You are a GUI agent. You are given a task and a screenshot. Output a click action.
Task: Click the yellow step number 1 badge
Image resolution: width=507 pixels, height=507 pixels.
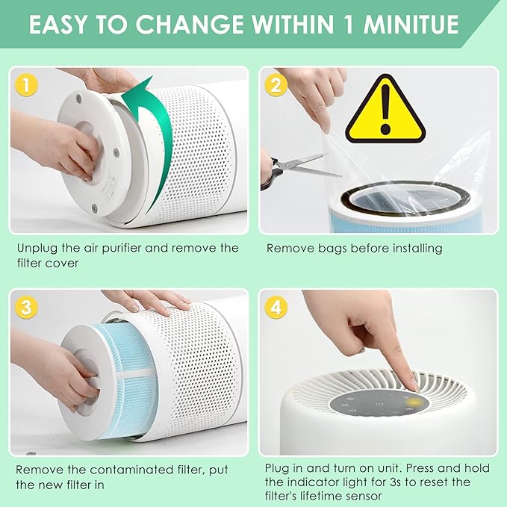[x=27, y=84]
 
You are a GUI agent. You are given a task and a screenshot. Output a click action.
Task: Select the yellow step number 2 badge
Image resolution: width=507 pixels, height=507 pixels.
[x=276, y=84]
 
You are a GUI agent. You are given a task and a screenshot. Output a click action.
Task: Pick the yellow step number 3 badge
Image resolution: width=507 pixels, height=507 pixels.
[x=27, y=308]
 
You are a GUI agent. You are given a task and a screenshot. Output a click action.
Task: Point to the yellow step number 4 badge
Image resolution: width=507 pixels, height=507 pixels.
[x=276, y=308]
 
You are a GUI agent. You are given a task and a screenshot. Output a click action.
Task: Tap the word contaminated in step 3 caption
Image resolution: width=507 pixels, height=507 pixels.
[x=111, y=470]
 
